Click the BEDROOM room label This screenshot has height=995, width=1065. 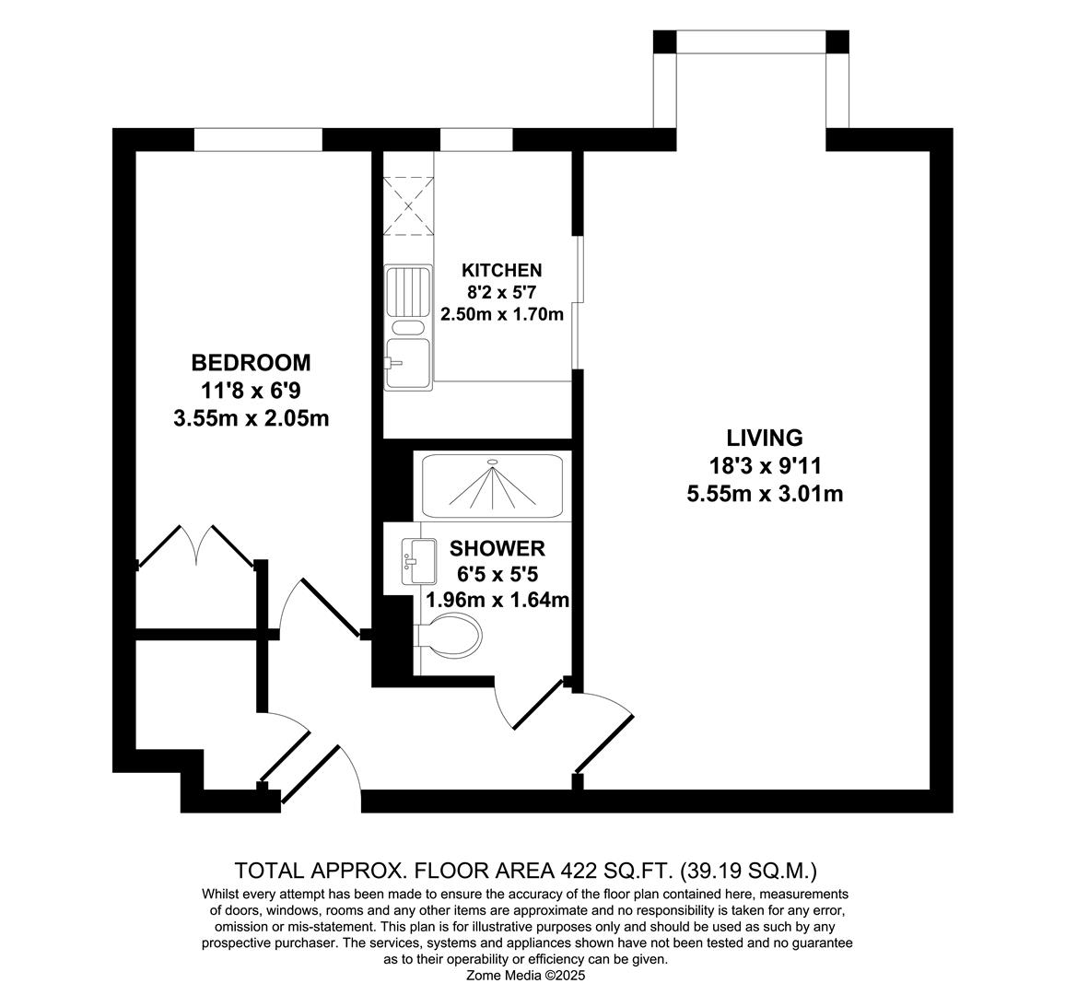click(x=251, y=362)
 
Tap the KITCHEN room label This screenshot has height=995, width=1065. click(x=501, y=270)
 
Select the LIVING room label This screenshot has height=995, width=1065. click(x=765, y=438)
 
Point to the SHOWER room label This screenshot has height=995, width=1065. click(x=497, y=549)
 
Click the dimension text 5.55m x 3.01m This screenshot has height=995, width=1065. click(x=765, y=494)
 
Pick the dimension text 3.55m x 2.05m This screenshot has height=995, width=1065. click(x=251, y=418)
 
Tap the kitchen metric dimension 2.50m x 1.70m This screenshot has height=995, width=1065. click(x=501, y=314)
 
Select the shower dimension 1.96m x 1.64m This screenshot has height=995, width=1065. click(x=497, y=600)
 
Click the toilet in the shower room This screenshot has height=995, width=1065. click(x=451, y=636)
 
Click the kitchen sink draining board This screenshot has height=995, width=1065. click(x=408, y=290)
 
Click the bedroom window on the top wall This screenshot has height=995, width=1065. click(x=258, y=139)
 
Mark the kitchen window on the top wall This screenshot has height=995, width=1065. click(x=476, y=139)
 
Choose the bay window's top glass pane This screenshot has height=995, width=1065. click(x=751, y=41)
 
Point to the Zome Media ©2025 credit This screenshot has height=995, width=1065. click(x=526, y=975)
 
